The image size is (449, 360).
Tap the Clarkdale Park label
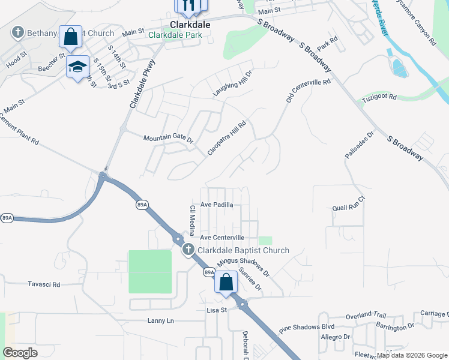(175, 35)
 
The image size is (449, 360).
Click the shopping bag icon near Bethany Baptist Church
(71, 37)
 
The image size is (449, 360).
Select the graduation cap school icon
(77, 66)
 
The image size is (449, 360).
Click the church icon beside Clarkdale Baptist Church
(188, 250)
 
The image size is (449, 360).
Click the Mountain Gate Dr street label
(168, 139)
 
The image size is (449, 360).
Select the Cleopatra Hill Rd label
(227, 138)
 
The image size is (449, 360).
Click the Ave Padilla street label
(217, 205)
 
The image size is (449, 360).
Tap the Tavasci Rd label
(44, 284)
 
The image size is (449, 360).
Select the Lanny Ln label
(160, 320)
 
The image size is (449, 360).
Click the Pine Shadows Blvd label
(306, 329)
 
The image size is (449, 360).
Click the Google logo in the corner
(21, 353)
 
